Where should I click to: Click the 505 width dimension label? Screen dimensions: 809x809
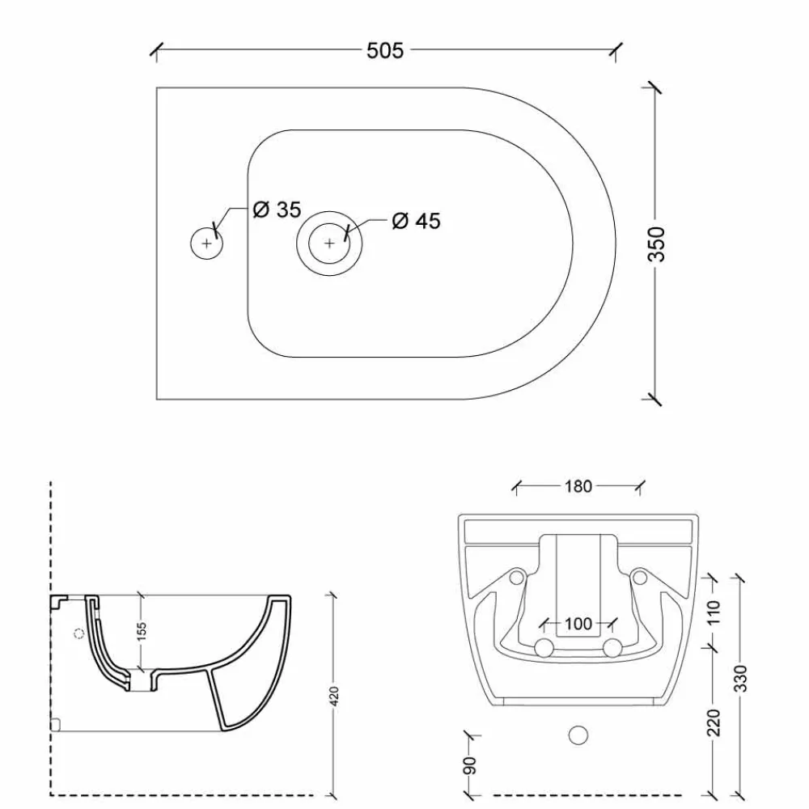tap(385, 50)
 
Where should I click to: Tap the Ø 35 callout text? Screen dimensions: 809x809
tap(277, 210)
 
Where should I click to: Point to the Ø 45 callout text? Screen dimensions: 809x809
tap(416, 221)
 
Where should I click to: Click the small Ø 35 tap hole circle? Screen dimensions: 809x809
tap(206, 243)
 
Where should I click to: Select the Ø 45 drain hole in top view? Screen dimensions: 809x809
tap(329, 243)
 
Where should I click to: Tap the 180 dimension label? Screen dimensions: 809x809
tap(578, 486)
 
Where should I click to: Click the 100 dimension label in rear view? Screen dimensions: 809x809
tap(578, 624)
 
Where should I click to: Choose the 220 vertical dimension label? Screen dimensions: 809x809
tap(714, 722)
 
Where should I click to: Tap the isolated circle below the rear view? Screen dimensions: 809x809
tap(578, 735)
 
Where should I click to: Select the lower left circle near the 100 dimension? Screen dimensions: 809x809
tap(544, 647)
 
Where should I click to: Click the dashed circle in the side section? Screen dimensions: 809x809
tap(78, 633)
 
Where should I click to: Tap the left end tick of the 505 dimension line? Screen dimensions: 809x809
tap(155, 50)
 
